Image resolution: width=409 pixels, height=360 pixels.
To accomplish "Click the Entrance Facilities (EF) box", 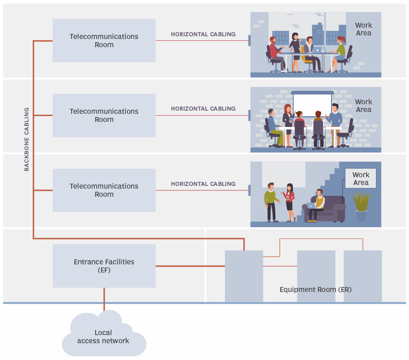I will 104,266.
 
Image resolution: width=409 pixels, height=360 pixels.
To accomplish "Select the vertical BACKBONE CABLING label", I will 26,139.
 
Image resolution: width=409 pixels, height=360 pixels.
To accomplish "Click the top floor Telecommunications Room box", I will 104,40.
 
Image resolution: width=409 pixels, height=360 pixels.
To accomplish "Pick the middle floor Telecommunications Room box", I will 104,115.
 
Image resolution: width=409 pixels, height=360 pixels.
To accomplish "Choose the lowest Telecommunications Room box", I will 104,190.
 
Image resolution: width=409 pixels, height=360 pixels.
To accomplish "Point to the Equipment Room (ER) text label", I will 316,290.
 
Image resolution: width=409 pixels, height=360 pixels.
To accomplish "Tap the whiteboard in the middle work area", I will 312,104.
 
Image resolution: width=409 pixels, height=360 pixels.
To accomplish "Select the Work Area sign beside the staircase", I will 360,179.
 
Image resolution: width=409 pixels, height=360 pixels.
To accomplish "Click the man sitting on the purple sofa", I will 318,204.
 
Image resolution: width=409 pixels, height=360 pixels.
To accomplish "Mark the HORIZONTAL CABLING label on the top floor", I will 203,34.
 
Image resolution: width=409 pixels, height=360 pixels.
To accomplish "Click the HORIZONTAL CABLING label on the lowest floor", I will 203,184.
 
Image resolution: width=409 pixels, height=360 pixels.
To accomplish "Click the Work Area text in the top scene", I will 363,29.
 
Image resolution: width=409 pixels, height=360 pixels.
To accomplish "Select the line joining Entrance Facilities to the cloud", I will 104,299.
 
